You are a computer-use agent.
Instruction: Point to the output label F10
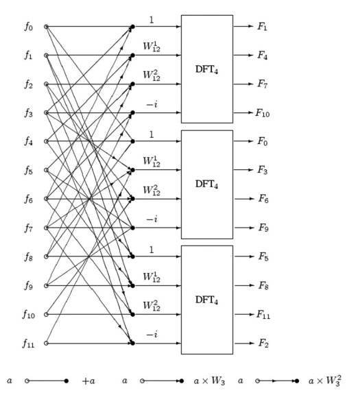(263, 113)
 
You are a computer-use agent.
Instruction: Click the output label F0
(262, 142)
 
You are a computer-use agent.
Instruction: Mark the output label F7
(262, 84)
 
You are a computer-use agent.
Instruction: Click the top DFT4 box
(206, 70)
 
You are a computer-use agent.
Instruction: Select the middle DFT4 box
(206, 184)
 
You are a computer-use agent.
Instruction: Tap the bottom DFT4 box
(206, 300)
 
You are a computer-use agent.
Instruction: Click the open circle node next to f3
(47, 113)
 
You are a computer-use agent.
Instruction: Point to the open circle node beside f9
(47, 285)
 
